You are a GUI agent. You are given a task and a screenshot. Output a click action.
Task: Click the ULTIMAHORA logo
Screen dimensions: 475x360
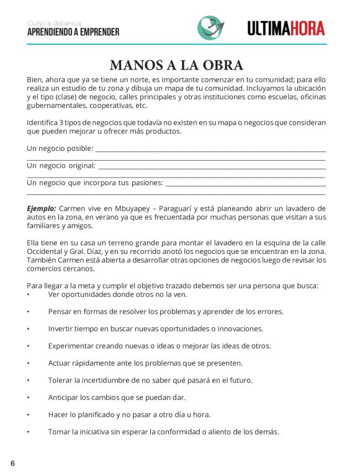286,28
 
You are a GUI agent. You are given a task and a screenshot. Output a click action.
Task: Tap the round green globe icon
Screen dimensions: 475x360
211,27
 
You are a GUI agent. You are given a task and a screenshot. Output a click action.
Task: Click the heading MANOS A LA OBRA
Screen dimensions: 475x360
176,65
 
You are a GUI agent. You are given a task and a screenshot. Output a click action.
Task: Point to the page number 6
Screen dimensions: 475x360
12,463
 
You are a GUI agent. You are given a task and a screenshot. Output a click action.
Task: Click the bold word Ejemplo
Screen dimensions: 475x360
41,208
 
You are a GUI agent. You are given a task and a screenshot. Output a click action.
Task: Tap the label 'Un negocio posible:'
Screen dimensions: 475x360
60,148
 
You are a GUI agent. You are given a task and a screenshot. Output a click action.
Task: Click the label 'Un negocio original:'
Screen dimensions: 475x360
61,166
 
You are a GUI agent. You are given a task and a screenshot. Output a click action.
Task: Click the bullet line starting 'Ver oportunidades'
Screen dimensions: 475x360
117,294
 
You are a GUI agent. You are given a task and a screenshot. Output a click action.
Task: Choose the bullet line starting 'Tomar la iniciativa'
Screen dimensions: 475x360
163,432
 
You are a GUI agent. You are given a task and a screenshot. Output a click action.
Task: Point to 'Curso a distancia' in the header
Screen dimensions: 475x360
54,23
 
